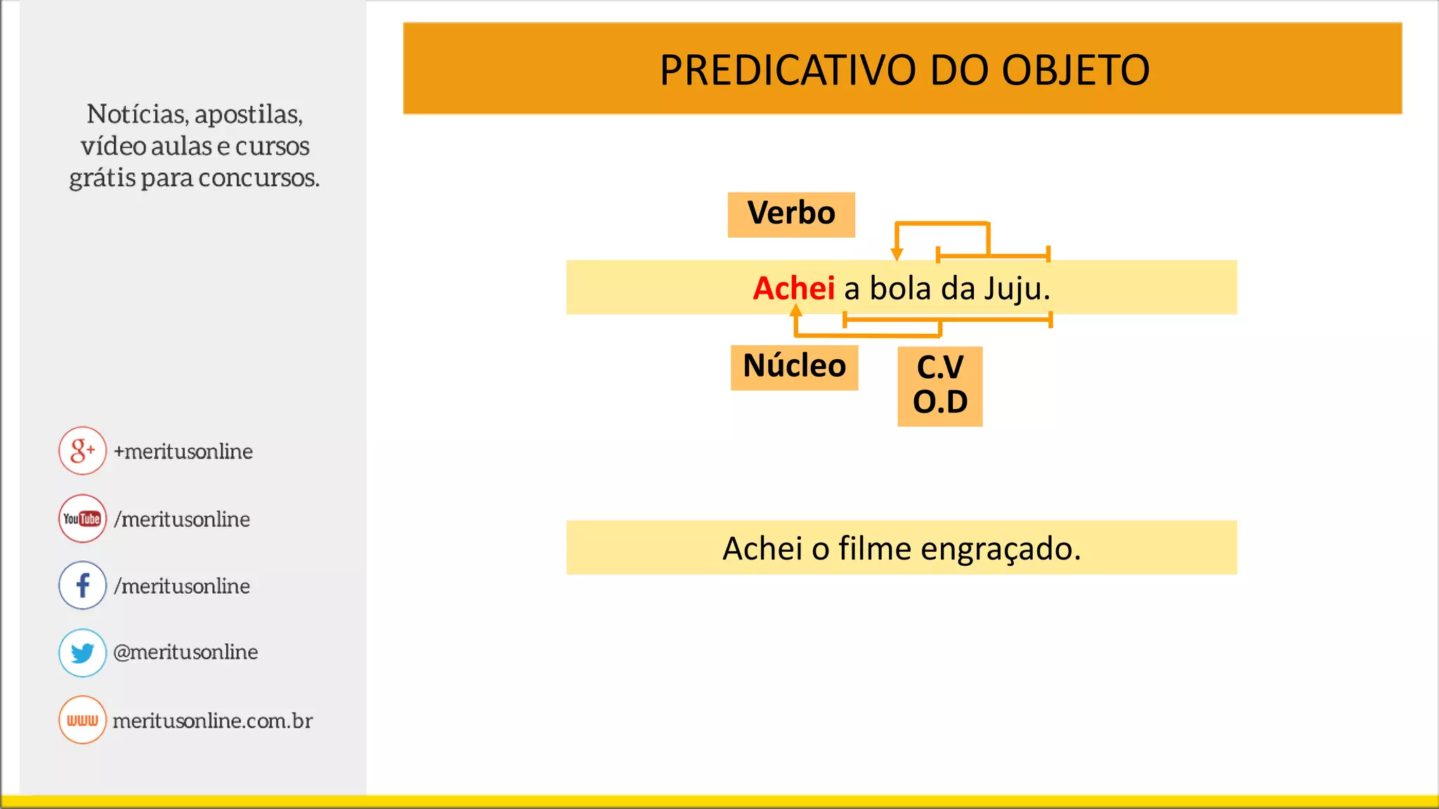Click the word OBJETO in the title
coord(1075,70)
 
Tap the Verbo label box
coord(791,214)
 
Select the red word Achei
coord(793,288)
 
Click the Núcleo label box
coord(794,366)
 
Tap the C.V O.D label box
coord(939,385)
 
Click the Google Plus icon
coord(82,451)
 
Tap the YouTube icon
coord(82,519)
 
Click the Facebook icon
coord(82,585)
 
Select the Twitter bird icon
coord(82,652)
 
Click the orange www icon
coord(82,720)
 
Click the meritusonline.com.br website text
coord(212,720)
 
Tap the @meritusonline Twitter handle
coord(185,652)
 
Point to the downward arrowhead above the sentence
coord(897,254)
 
